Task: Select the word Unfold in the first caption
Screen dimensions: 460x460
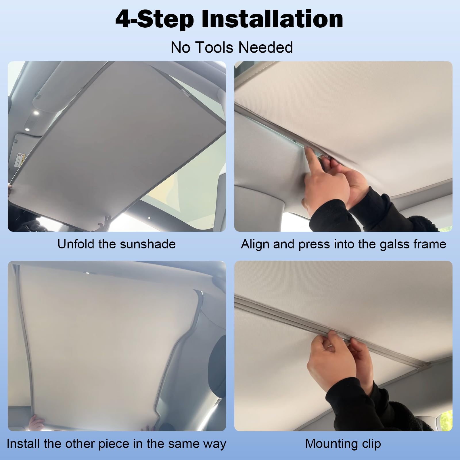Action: coord(76,244)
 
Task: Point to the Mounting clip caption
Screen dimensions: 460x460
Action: coord(343,444)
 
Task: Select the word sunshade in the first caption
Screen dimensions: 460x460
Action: coord(148,244)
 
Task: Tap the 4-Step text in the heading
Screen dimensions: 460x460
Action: coord(154,19)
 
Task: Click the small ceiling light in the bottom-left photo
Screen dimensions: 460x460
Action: coord(87,272)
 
